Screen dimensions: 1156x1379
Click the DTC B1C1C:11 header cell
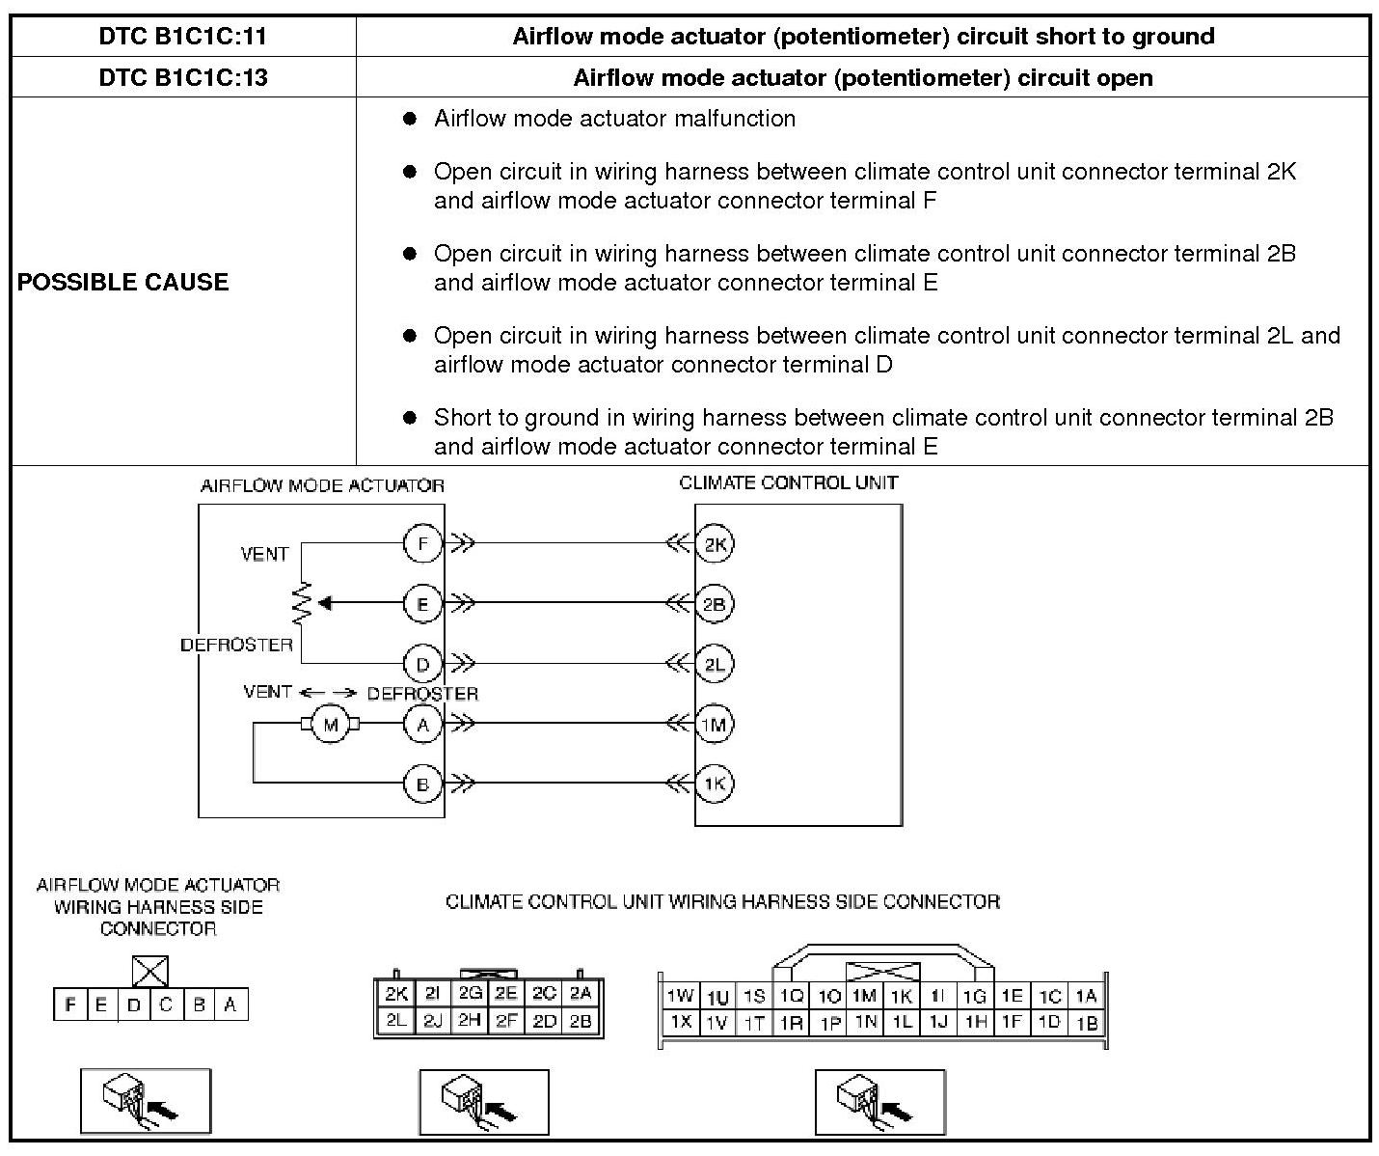[182, 37]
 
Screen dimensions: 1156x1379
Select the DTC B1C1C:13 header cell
[182, 77]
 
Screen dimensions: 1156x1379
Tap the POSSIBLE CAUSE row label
[123, 282]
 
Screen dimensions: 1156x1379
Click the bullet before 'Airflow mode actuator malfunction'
[410, 119]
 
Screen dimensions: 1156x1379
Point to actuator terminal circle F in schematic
[422, 544]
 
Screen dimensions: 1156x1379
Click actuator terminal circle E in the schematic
[422, 604]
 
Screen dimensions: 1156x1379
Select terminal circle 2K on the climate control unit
[715, 544]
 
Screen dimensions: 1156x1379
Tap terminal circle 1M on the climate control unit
[715, 724]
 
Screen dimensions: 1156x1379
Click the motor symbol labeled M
[331, 725]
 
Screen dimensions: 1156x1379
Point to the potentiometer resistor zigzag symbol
[302, 603]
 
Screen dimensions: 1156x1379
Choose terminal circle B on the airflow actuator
[422, 784]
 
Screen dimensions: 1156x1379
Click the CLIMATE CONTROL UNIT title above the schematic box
[788, 482]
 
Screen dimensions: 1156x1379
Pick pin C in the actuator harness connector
[166, 1005]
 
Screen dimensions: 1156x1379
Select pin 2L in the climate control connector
[395, 1020]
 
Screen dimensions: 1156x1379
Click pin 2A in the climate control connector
[581, 993]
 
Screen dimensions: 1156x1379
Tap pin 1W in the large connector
[680, 996]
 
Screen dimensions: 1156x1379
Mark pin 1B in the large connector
[1087, 1023]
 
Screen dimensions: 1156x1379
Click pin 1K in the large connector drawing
[902, 996]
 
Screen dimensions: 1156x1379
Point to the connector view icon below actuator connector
[145, 1100]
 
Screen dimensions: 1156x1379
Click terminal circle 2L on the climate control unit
[715, 664]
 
